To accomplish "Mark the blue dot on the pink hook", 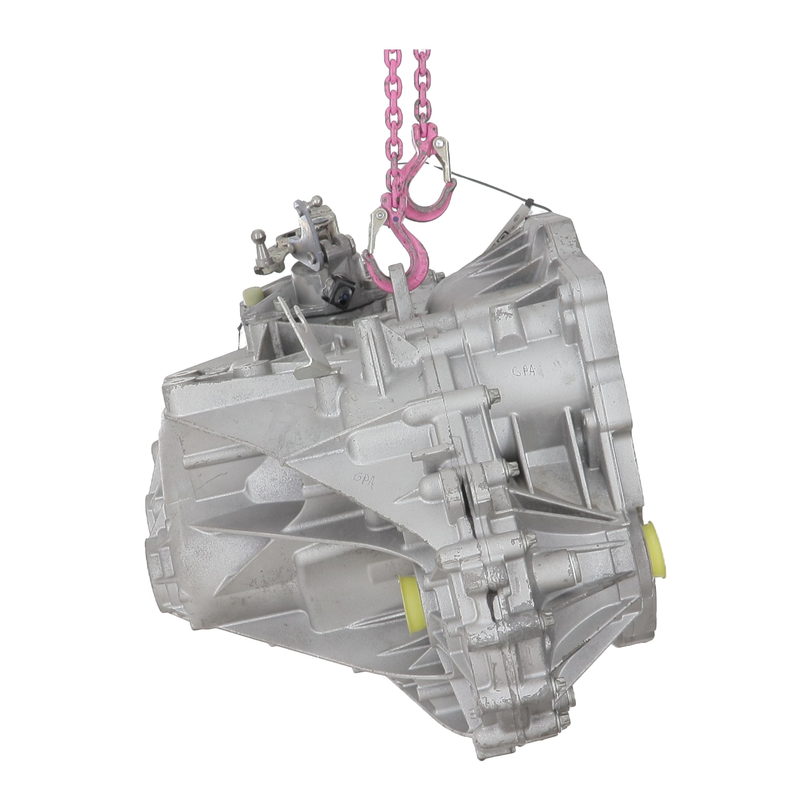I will pyautogui.click(x=395, y=219).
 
